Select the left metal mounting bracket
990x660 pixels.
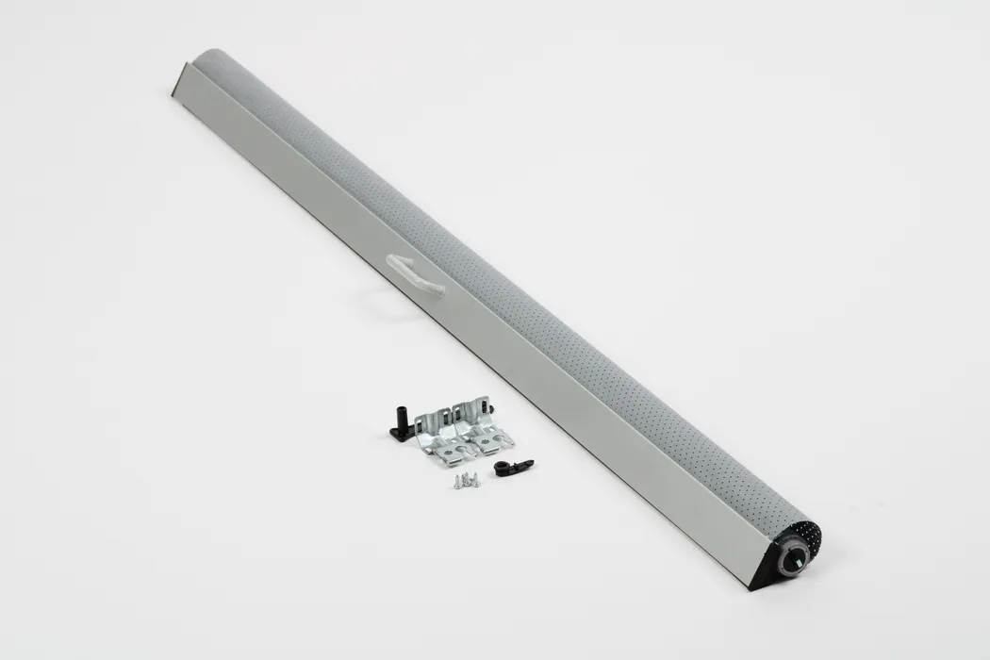(440, 433)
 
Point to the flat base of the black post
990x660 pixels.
(396, 433)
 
